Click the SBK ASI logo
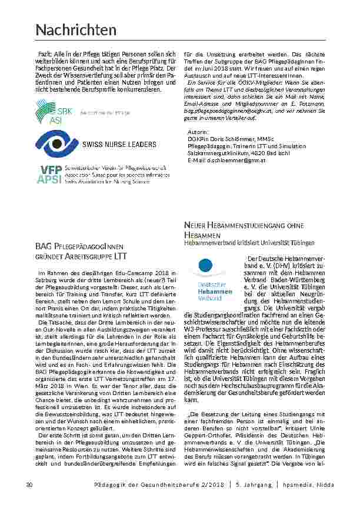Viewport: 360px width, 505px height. [55, 112]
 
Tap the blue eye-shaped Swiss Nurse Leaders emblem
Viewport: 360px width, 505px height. [55, 143]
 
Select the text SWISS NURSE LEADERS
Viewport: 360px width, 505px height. [119, 144]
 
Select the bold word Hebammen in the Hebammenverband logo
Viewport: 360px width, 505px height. [215, 291]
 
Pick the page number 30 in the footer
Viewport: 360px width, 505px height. [29, 484]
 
